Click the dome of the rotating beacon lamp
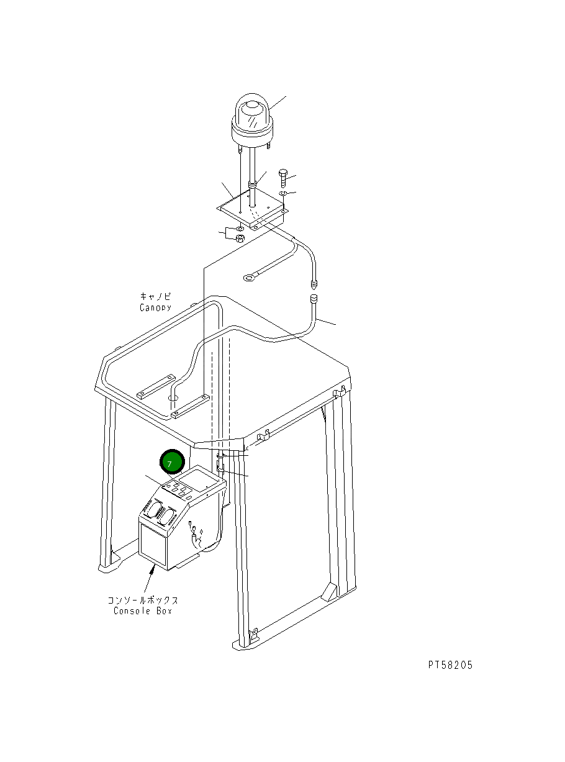tap(252, 115)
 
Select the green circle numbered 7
tap(172, 463)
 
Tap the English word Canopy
tap(155, 307)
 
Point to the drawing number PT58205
tap(450, 665)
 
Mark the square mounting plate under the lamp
tap(251, 208)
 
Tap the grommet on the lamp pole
tap(252, 184)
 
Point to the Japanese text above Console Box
tap(143, 600)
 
